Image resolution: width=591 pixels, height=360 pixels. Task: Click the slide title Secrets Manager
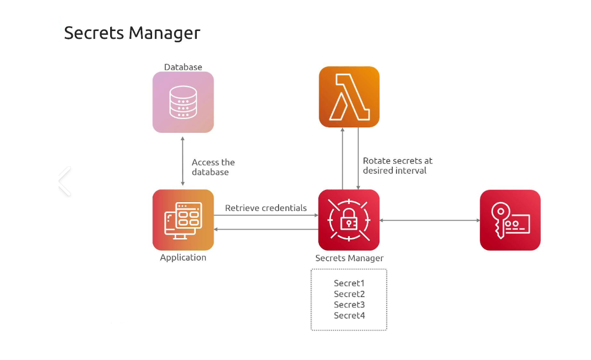point(132,33)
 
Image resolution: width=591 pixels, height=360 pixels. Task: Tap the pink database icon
point(183,102)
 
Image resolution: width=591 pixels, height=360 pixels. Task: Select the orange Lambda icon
point(349,97)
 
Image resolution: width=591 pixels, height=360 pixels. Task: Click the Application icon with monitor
point(183,220)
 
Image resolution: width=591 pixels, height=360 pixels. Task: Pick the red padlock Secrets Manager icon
point(349,220)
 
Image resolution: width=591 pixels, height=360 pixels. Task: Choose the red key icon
point(510,220)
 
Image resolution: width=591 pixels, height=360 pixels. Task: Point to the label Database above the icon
point(183,67)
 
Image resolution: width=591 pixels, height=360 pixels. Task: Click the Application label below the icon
point(183,258)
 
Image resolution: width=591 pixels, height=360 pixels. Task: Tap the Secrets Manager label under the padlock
point(349,258)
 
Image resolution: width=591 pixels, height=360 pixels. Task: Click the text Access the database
point(213,167)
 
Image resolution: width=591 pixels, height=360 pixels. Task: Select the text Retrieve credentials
point(266,208)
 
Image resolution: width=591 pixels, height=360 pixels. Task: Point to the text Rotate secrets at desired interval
point(398,166)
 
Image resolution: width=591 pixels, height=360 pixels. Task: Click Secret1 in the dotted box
point(349,283)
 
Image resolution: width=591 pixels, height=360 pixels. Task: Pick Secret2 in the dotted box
point(349,294)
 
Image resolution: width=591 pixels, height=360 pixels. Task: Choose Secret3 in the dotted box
point(349,305)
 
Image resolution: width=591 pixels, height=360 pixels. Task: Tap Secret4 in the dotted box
point(349,316)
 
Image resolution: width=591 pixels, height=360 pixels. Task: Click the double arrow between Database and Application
point(183,161)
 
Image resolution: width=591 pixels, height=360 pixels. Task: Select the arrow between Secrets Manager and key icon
point(430,220)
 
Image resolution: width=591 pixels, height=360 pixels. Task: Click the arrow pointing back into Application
point(266,229)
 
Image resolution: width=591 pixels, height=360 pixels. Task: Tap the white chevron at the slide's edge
point(64,181)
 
